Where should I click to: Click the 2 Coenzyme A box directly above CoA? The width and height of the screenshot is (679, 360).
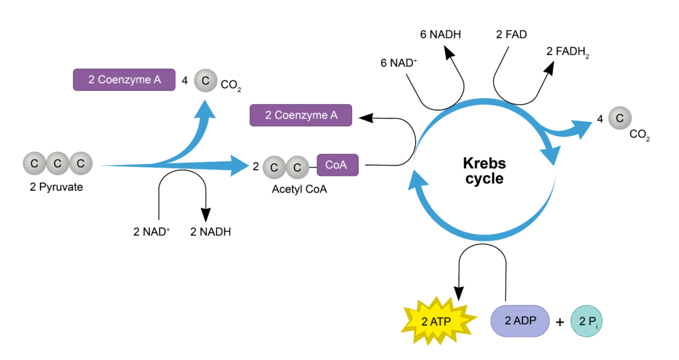point(300,115)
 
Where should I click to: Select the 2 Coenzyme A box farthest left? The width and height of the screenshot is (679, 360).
point(124,80)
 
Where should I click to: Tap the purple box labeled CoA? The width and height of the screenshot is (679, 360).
point(338,165)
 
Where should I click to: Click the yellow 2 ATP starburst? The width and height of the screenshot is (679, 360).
point(438,322)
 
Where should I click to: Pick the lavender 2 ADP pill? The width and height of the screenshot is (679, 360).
point(520,321)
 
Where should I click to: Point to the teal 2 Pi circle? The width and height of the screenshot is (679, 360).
point(587,322)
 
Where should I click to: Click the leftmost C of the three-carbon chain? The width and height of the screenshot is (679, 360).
point(34,163)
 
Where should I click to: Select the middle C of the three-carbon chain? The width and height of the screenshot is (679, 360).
point(58,163)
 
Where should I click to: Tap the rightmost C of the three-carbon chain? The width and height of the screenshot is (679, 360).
point(81,163)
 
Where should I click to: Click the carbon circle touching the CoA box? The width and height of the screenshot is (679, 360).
point(297,168)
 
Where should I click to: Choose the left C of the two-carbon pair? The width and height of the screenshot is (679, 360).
point(274,168)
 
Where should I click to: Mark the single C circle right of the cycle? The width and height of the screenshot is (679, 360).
point(620,118)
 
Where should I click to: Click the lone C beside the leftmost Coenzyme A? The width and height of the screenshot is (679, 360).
point(206,81)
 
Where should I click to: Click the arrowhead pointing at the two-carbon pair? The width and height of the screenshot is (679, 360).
point(240,164)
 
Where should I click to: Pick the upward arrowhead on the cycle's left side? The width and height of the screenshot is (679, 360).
point(417,179)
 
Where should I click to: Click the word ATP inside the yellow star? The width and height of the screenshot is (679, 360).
point(443,322)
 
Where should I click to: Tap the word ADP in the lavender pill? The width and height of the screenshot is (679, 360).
point(525,321)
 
